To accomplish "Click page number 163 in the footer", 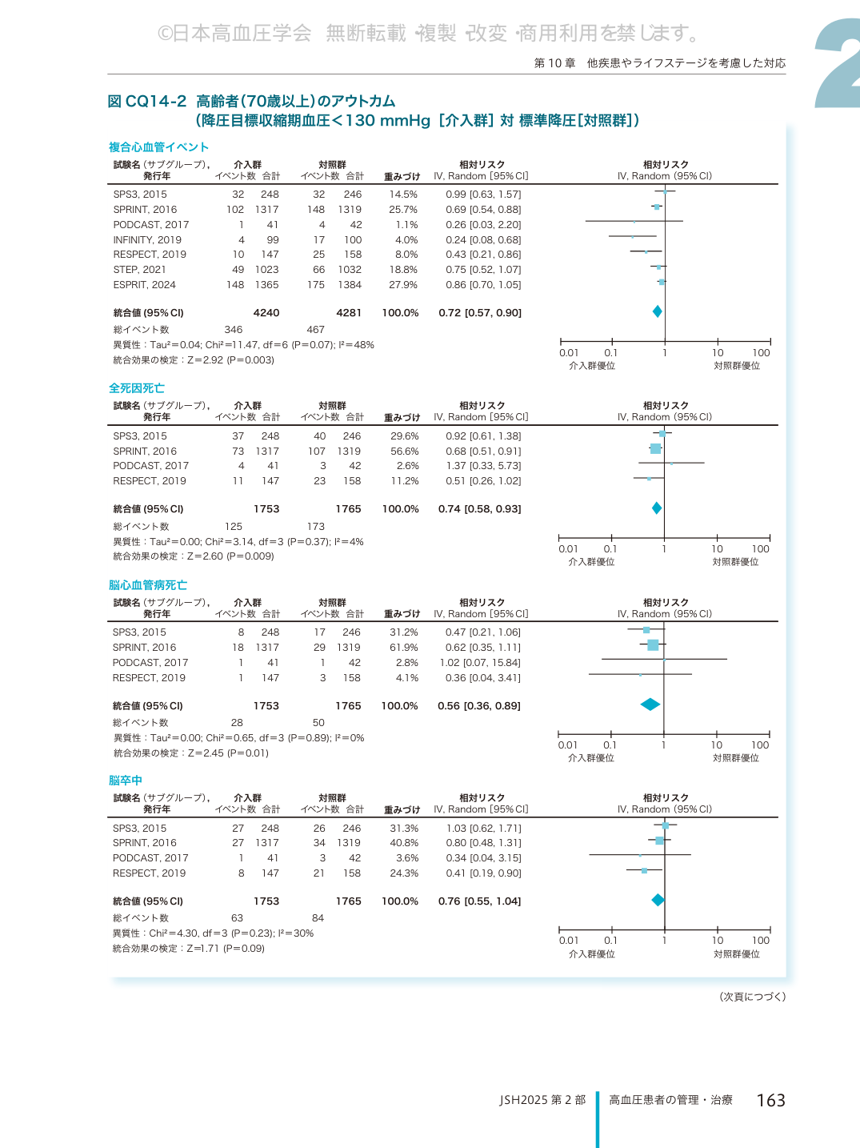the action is [x=770, y=1101].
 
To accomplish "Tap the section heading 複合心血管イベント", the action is [x=159, y=147].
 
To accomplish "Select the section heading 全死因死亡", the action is [x=136, y=388].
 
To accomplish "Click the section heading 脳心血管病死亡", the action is [x=148, y=584].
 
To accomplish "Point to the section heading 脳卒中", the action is [x=126, y=781].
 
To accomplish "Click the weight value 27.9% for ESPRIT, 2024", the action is [x=403, y=285].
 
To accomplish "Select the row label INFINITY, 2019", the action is [x=147, y=240].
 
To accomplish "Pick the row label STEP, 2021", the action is [x=139, y=270].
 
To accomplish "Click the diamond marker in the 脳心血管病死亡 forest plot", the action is [x=650, y=704].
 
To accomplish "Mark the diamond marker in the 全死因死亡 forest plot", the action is [x=657, y=508].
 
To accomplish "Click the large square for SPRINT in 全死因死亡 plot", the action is [x=655, y=449].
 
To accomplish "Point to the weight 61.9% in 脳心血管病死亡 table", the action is [x=404, y=648].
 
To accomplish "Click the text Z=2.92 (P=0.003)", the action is [x=230, y=360].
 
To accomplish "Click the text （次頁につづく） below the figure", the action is [x=752, y=997].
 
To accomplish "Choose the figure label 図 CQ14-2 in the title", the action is [x=147, y=101].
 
